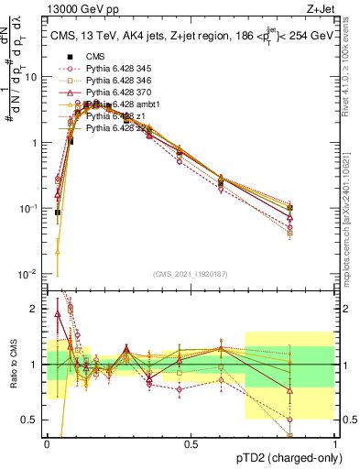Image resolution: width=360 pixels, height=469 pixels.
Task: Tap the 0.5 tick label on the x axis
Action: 191,444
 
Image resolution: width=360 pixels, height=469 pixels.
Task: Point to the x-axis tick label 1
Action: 334,444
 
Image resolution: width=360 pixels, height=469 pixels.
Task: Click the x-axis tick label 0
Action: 47,444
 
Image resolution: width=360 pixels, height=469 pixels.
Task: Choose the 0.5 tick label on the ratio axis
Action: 32,420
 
